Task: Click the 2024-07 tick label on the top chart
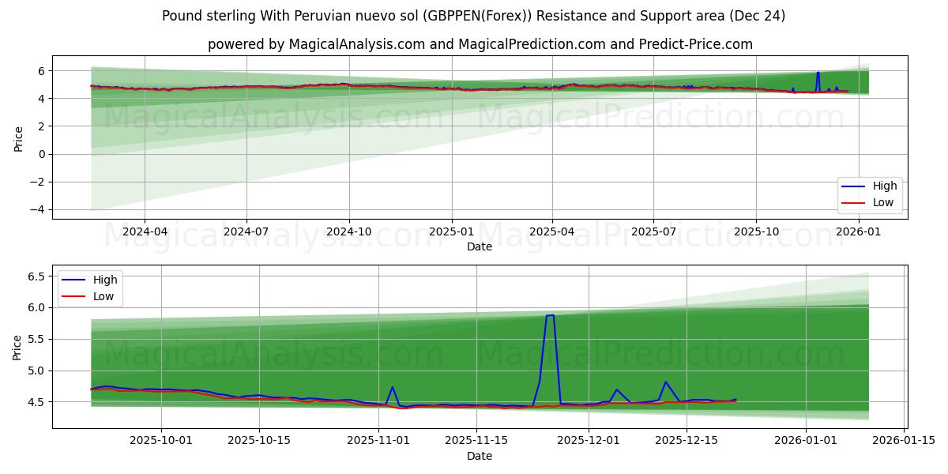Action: [246, 232]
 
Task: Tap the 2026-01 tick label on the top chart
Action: [858, 232]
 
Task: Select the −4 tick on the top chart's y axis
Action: [38, 209]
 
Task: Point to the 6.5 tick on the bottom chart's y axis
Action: [36, 276]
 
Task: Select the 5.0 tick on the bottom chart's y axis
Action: [36, 371]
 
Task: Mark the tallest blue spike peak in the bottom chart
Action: [550, 315]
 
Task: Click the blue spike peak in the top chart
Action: [818, 73]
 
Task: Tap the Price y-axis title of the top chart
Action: [18, 139]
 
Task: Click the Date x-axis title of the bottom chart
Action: [480, 456]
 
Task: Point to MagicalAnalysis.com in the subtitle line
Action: [345, 44]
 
